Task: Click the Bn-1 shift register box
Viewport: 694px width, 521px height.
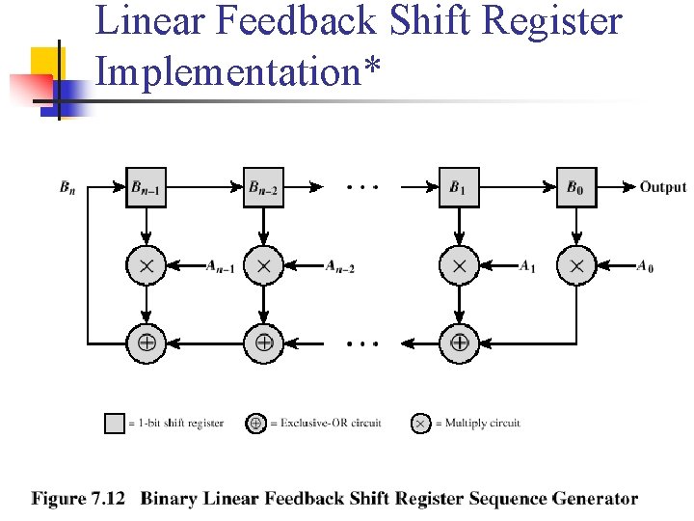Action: (x=147, y=187)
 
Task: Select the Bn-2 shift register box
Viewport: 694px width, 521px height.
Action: (x=264, y=187)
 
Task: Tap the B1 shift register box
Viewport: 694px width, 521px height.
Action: (x=459, y=187)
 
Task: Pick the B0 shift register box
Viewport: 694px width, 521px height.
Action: (x=576, y=187)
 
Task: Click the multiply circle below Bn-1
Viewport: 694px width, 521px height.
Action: (x=147, y=264)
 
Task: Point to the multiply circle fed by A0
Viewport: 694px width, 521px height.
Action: (x=576, y=264)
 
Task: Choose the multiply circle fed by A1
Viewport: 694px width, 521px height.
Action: (x=459, y=264)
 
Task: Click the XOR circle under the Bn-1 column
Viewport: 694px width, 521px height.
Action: (x=147, y=342)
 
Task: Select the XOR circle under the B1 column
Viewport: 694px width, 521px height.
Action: (x=459, y=342)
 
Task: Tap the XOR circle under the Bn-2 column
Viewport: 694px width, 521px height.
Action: (x=264, y=342)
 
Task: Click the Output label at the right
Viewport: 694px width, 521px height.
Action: (x=662, y=187)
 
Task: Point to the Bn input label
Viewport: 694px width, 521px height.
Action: (x=67, y=187)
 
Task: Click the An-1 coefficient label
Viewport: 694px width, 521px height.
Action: (x=220, y=267)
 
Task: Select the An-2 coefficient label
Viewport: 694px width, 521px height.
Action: (x=339, y=267)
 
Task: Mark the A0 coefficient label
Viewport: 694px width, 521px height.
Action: (x=644, y=267)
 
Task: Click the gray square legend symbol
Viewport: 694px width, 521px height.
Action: (x=115, y=424)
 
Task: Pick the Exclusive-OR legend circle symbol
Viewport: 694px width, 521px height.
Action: (x=255, y=424)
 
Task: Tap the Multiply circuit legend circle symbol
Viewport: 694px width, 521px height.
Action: (x=420, y=424)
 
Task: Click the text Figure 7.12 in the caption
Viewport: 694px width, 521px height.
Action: (x=79, y=499)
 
